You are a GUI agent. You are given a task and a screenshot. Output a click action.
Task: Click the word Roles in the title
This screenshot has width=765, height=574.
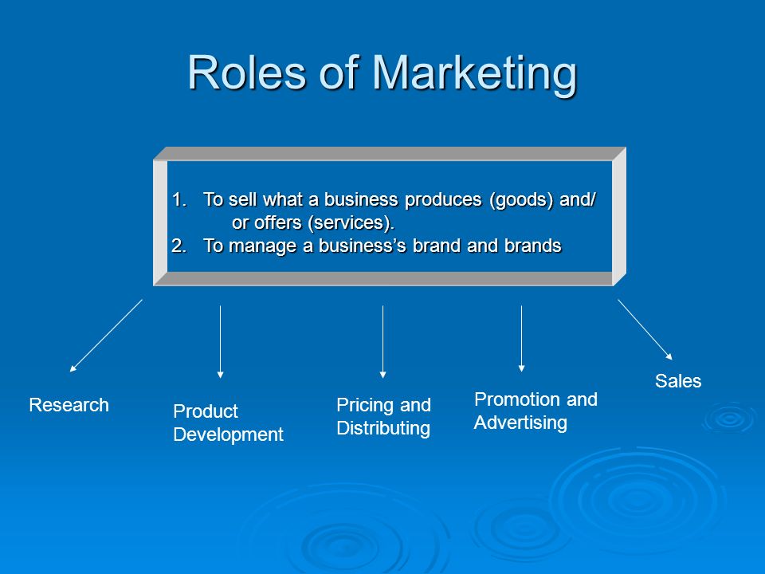click(x=247, y=73)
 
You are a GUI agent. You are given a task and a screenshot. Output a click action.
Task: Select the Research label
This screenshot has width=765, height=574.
click(x=69, y=405)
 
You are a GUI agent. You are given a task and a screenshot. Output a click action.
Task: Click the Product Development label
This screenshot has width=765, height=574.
click(x=229, y=423)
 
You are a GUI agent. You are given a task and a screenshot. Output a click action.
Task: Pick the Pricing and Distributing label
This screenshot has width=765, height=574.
click(x=383, y=416)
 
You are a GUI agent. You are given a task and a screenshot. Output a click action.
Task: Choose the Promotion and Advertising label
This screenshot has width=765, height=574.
click(x=535, y=411)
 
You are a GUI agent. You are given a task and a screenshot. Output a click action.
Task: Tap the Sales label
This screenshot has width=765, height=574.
click(x=678, y=381)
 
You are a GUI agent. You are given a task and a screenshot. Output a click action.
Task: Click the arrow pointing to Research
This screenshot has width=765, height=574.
click(x=106, y=336)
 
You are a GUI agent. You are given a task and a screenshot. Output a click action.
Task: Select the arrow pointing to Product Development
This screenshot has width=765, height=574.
click(x=221, y=342)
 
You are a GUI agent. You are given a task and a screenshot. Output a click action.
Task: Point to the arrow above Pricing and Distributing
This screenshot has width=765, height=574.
click(x=383, y=342)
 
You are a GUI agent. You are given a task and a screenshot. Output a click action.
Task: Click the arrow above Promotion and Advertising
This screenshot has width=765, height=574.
click(x=521, y=339)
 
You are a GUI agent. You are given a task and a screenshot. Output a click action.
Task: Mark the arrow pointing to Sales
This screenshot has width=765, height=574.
click(x=645, y=330)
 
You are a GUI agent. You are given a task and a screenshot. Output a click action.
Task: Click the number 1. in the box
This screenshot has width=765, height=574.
click(x=179, y=199)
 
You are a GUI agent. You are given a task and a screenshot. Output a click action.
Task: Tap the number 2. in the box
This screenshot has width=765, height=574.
click(x=179, y=246)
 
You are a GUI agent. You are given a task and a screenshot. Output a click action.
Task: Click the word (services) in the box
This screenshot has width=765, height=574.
click(x=350, y=223)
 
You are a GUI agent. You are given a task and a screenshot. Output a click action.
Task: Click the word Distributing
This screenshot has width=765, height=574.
click(x=383, y=429)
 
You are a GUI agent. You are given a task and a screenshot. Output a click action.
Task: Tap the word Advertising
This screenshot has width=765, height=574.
click(x=520, y=423)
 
